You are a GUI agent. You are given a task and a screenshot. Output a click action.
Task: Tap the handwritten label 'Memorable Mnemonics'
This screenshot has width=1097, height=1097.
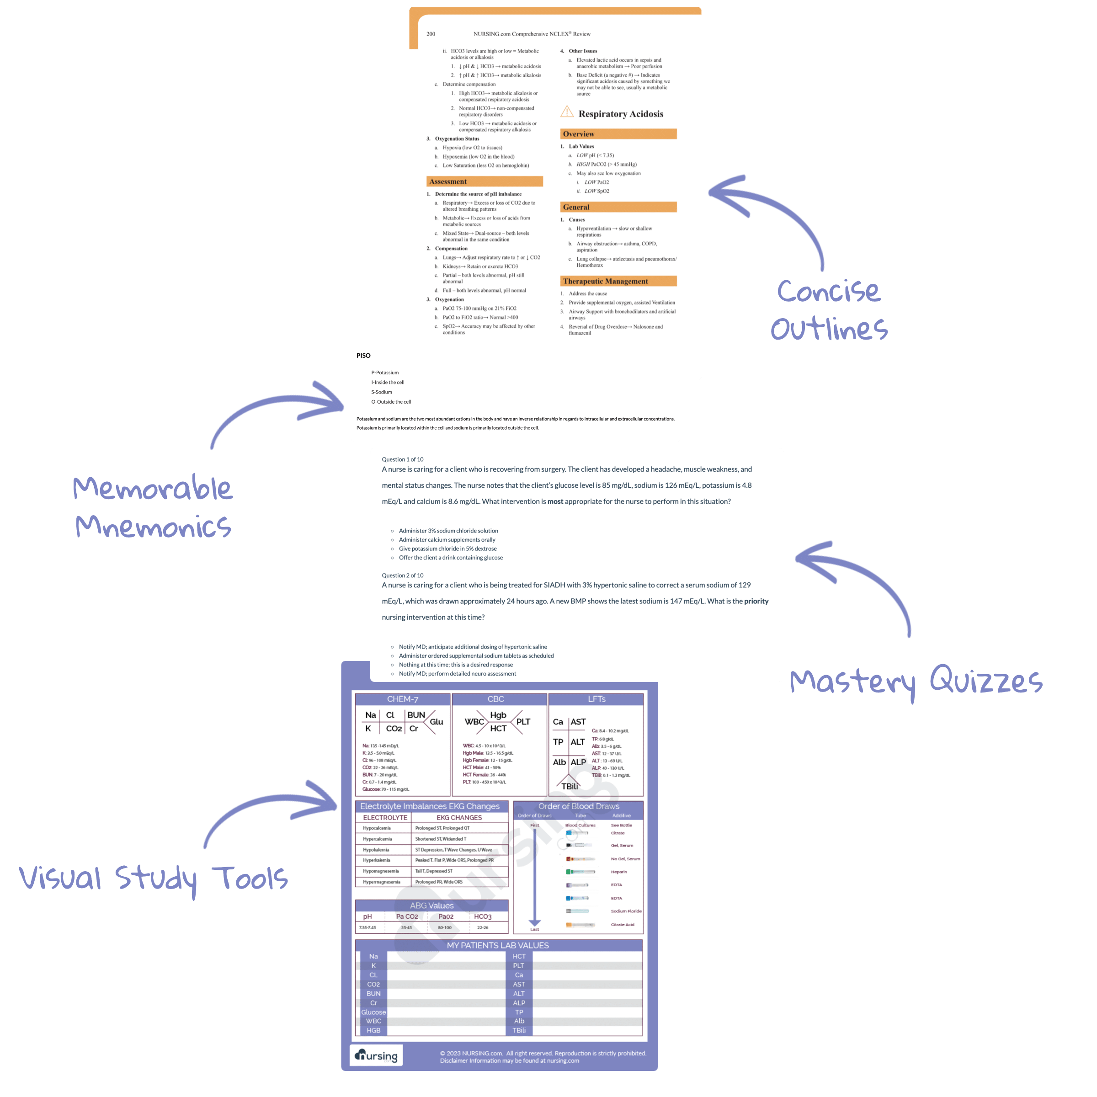tap(153, 506)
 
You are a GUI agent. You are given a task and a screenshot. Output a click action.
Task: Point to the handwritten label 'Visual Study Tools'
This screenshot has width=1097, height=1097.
tap(153, 879)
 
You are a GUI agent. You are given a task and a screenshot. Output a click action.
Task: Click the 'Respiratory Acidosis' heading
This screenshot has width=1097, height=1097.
tap(621, 114)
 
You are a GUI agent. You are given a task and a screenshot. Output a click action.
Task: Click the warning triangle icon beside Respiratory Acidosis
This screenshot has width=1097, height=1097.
tap(567, 112)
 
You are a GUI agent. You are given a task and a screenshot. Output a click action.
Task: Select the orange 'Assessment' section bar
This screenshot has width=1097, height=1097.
tap(485, 182)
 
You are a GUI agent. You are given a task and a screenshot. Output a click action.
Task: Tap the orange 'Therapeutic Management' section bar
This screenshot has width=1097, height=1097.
tap(618, 281)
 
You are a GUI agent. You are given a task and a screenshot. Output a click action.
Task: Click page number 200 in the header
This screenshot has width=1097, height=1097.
tap(431, 34)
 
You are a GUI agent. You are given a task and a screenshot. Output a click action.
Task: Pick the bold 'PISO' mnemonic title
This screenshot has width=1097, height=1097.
tap(363, 356)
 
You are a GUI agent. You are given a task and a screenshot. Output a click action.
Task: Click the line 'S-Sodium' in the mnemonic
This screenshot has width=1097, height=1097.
tap(382, 392)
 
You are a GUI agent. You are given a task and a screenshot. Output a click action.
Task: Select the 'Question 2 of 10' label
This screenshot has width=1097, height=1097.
tap(403, 575)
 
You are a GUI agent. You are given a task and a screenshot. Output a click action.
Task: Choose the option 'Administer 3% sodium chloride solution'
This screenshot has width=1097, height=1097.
tap(448, 531)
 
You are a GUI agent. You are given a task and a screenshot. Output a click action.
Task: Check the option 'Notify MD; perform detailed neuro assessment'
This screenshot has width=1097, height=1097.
tap(457, 673)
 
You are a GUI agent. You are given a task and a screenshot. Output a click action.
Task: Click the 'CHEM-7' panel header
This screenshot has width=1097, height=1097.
tap(403, 699)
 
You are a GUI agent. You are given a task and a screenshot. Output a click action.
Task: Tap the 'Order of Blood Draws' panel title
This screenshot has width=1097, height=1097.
tap(579, 806)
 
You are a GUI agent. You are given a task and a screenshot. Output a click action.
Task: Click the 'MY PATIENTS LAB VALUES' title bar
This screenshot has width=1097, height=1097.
tap(497, 945)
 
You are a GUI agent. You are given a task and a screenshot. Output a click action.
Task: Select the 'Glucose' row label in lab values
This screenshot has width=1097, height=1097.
tap(373, 1012)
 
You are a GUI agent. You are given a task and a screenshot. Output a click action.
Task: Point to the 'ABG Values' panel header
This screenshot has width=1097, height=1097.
tap(431, 905)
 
